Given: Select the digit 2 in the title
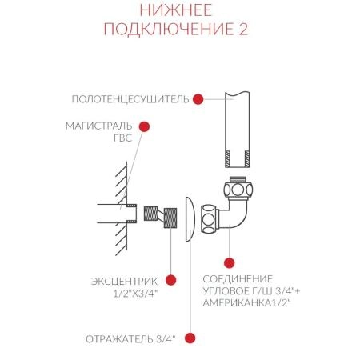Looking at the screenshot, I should (x=242, y=30).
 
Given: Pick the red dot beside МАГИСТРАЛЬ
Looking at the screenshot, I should (x=145, y=126).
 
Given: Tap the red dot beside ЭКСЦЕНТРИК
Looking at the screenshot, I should (x=170, y=281).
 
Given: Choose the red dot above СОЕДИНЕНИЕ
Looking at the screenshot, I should (x=230, y=262).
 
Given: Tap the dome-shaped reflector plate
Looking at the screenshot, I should (x=187, y=218).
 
